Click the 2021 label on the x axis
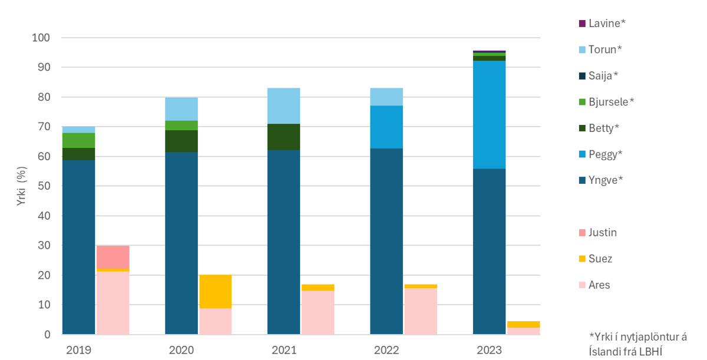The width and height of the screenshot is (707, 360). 283,350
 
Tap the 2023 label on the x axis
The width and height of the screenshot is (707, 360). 488,350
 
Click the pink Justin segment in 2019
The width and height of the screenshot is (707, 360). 113,257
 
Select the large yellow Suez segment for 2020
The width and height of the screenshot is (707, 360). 215,291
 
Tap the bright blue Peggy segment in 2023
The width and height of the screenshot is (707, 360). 489,115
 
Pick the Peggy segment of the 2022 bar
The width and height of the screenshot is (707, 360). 386,127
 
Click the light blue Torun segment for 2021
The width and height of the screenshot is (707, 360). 283,105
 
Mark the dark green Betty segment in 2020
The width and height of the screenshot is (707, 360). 181,141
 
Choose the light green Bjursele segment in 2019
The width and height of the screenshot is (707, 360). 78,140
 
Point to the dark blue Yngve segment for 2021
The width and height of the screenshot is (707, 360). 283,242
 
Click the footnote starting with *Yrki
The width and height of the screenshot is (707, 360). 637,344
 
